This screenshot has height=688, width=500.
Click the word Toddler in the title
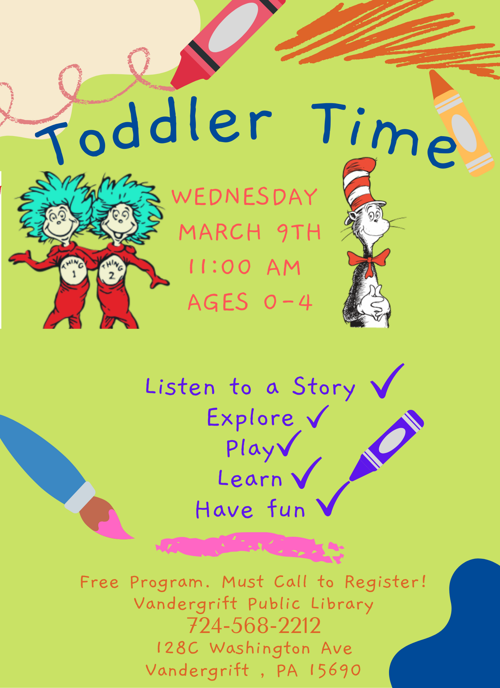155,129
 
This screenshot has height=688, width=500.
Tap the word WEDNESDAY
244,197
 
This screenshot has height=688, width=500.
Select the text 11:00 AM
245,267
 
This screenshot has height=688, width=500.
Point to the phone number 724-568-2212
254,625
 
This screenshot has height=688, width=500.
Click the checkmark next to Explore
317,417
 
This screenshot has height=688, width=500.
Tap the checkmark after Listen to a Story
386,381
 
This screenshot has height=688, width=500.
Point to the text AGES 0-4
250,302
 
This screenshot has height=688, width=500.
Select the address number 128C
177,648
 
